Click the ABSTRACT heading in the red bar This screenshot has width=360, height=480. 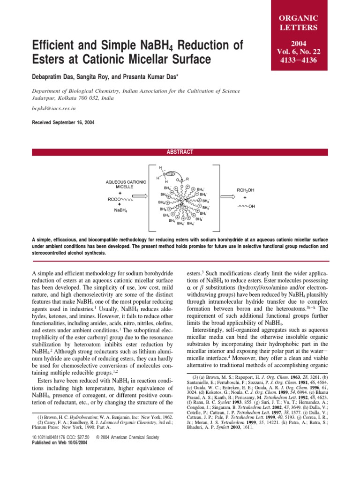click(180, 152)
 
